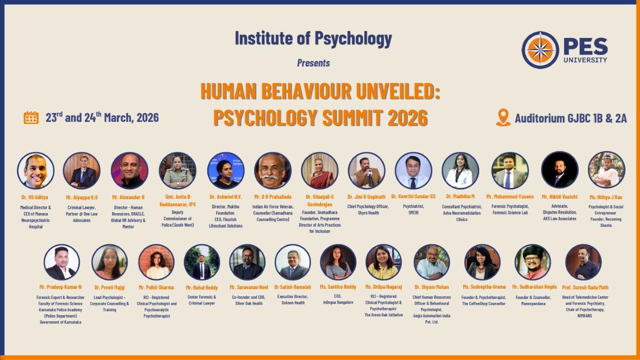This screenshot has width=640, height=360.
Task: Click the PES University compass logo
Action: tap(540, 50)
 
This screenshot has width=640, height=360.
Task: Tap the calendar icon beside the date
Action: tap(31, 118)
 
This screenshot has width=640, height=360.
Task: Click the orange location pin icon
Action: tap(503, 118)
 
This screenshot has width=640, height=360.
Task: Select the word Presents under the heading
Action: tap(313, 63)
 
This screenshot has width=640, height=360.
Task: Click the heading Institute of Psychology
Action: tap(313, 38)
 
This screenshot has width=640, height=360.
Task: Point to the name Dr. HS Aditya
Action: tap(35, 197)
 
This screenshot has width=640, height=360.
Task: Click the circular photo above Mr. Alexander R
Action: tap(130, 171)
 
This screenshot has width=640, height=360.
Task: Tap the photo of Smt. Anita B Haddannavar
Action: tap(178, 171)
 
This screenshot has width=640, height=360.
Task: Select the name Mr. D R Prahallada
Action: tap(273, 197)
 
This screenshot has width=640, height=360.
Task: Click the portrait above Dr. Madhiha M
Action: tap(460, 171)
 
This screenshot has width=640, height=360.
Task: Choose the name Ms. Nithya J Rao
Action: tap(606, 197)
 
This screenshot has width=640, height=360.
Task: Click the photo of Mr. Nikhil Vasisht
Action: tap(560, 170)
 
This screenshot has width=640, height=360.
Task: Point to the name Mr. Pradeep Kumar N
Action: tap(60, 287)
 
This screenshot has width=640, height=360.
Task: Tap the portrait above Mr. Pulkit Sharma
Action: tap(156, 262)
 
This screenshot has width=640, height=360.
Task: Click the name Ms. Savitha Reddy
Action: tap(338, 286)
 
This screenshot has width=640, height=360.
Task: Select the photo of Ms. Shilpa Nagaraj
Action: tap(384, 262)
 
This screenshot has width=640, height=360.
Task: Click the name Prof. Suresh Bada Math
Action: tap(585, 287)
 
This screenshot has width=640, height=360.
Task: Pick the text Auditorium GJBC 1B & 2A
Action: tap(571, 118)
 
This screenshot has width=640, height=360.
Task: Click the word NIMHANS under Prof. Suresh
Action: tap(585, 316)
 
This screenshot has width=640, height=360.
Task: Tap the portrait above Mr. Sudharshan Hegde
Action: tap(533, 262)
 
